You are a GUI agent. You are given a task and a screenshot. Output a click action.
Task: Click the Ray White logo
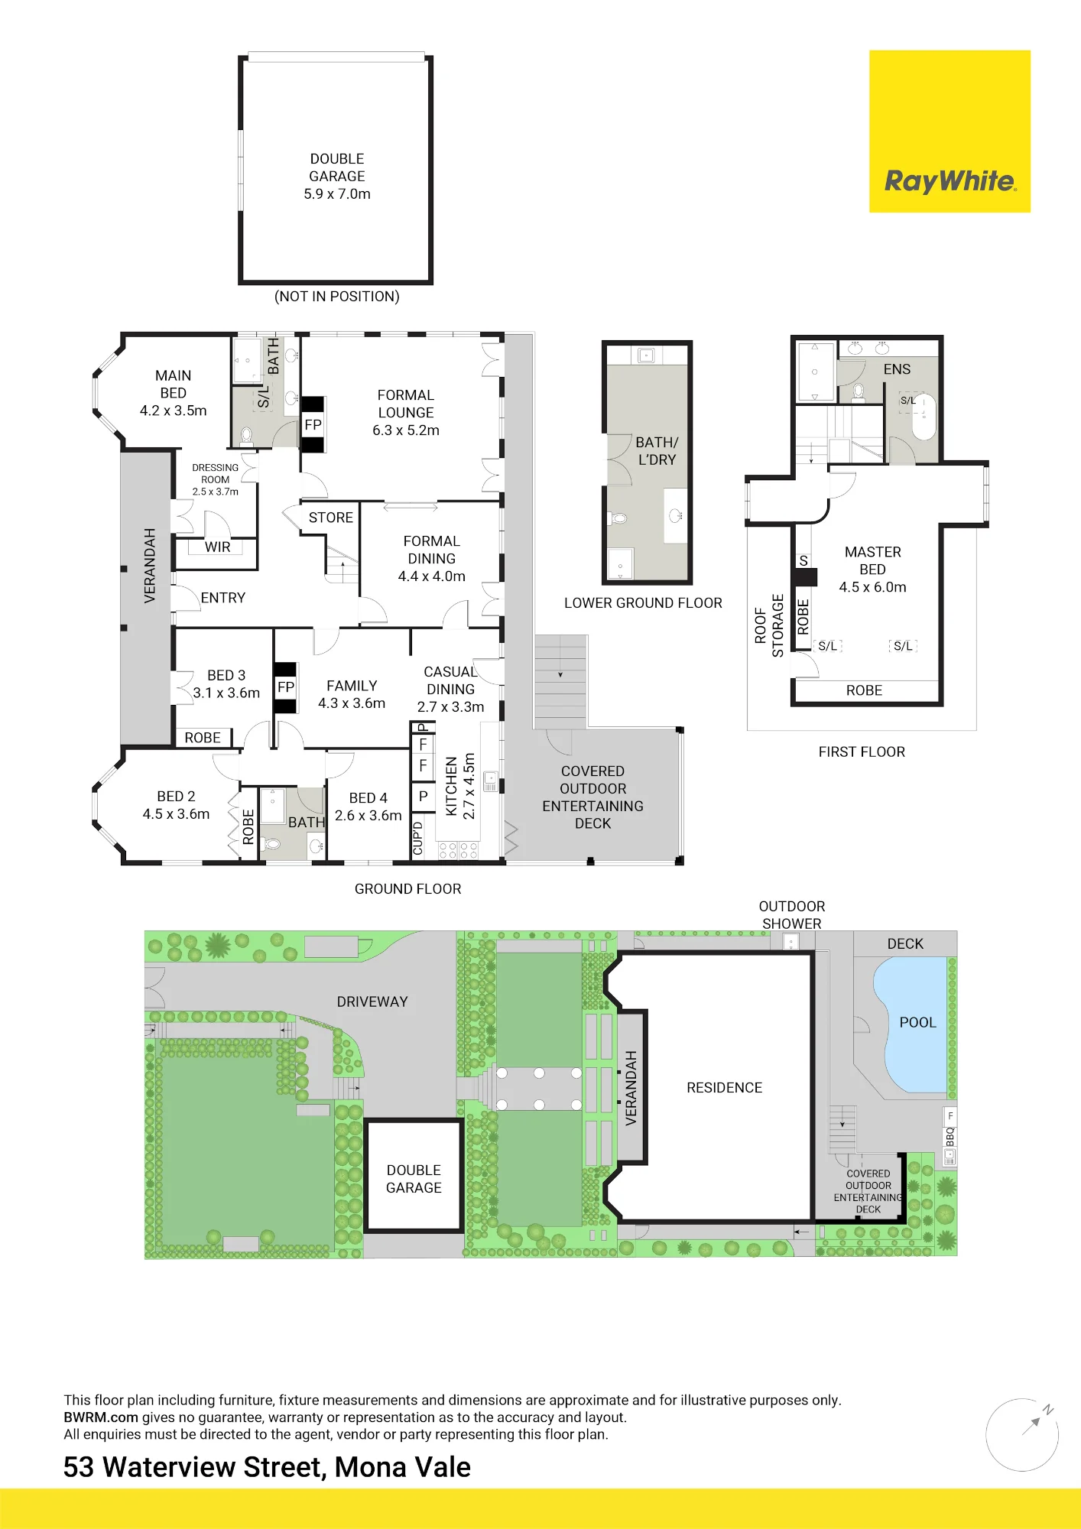pyautogui.click(x=950, y=131)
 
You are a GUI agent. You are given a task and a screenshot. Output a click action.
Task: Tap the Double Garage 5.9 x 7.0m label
pyautogui.click(x=337, y=177)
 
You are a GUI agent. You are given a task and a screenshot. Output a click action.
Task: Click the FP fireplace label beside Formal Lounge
pyautogui.click(x=313, y=425)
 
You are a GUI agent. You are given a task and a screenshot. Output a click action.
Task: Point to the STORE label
pyautogui.click(x=331, y=518)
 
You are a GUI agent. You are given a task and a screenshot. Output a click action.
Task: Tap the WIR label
pyautogui.click(x=218, y=547)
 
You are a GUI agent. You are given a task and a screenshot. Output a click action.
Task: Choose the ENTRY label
pyautogui.click(x=223, y=598)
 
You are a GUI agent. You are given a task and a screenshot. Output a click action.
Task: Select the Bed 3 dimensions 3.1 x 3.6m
pyautogui.click(x=226, y=693)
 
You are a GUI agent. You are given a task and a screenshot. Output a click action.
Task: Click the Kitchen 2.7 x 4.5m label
pyautogui.click(x=460, y=787)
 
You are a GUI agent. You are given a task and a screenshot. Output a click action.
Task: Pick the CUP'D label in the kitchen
pyautogui.click(x=418, y=838)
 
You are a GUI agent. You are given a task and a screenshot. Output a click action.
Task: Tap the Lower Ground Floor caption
pyautogui.click(x=643, y=603)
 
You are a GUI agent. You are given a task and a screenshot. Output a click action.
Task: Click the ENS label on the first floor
pyautogui.click(x=897, y=369)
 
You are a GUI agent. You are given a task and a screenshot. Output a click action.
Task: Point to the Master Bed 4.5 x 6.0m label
pyautogui.click(x=873, y=570)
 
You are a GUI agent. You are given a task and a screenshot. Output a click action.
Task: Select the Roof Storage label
pyautogui.click(x=769, y=625)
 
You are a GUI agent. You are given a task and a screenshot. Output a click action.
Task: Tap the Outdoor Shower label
pyautogui.click(x=792, y=915)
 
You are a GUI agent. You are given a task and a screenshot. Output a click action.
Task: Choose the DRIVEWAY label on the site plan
pyautogui.click(x=372, y=1001)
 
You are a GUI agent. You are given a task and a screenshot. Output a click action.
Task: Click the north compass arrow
pyautogui.click(x=1031, y=1424)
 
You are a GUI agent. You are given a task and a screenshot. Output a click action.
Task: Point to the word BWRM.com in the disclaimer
pyautogui.click(x=101, y=1417)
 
